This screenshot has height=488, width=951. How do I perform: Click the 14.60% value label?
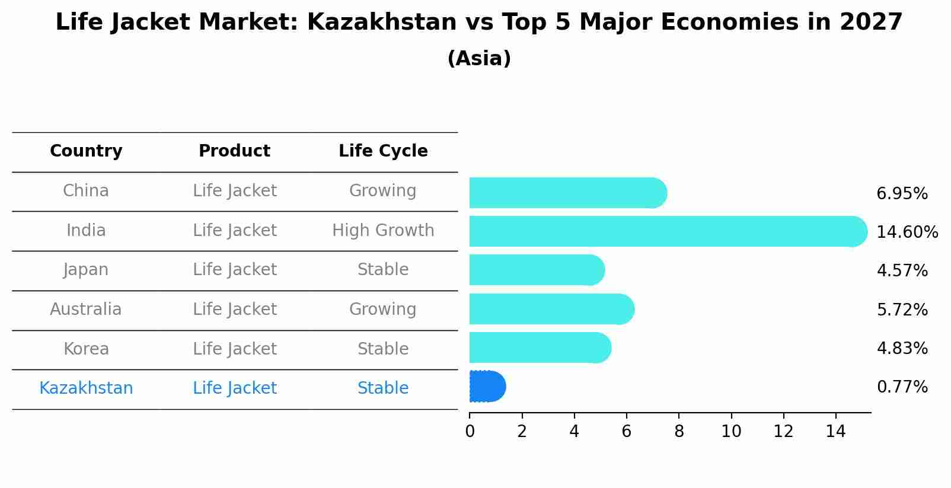[907, 232]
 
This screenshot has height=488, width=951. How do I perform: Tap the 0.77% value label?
[902, 387]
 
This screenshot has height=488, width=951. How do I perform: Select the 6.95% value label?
[902, 194]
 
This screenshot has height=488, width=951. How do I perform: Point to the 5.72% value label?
[902, 310]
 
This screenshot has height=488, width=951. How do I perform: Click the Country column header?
[86, 151]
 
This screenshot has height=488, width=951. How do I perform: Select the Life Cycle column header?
[383, 151]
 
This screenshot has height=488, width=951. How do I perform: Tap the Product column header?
[234, 151]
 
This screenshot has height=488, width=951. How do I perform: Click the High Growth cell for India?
[383, 230]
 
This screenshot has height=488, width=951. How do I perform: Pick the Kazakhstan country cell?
[86, 388]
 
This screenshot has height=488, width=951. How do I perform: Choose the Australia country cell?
[86, 309]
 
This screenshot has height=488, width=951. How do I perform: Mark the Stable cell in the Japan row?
[383, 270]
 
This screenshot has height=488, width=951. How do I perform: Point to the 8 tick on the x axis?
[679, 431]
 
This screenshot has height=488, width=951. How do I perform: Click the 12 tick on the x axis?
[783, 431]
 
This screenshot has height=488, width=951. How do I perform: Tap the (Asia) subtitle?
[479, 59]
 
